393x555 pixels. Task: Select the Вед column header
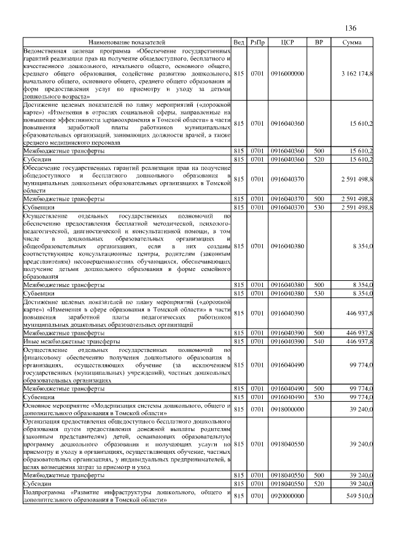(239, 42)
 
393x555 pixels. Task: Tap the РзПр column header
(257, 42)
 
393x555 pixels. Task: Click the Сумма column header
(352, 42)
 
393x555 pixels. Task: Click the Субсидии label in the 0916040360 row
(37, 159)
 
